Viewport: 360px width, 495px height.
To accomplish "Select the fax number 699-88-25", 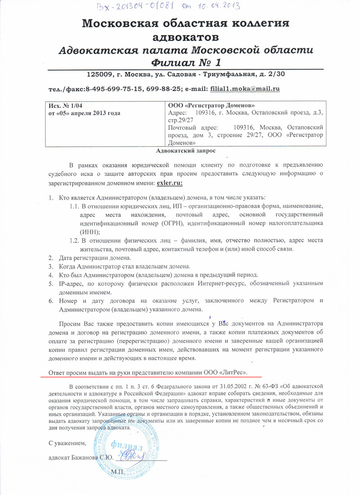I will point(163,89).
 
